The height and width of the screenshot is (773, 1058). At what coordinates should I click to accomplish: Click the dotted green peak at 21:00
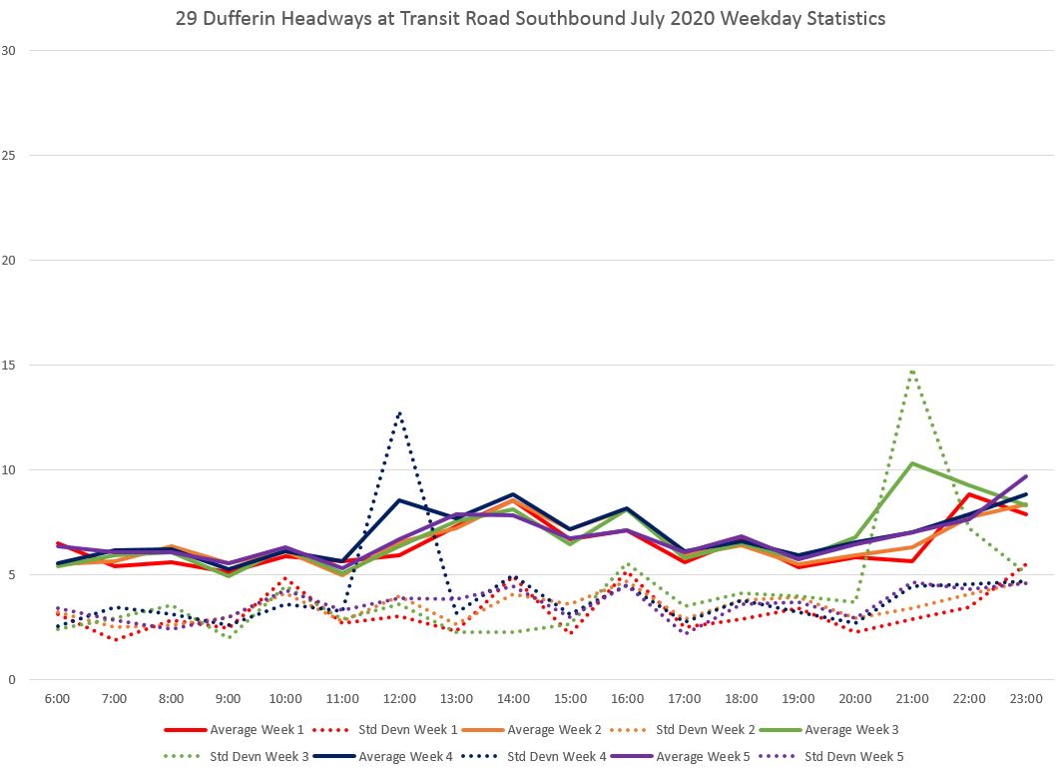click(x=912, y=372)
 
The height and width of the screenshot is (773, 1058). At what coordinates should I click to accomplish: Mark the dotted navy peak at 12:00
click(x=399, y=412)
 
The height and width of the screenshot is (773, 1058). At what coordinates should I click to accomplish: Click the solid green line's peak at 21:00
click(x=912, y=463)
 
